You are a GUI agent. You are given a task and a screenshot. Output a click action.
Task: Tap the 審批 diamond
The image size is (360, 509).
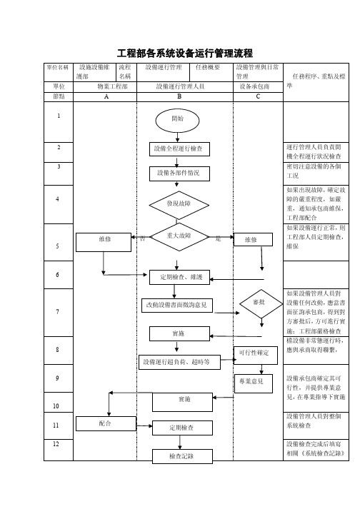(259, 303)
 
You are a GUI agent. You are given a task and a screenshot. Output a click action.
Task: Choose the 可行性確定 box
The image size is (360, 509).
(255, 352)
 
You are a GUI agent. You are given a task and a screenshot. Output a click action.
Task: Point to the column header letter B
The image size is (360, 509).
(180, 96)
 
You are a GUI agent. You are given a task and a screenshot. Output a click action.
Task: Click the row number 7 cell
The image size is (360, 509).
(57, 312)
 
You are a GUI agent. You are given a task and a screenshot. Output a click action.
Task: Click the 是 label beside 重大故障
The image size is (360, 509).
(216, 237)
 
